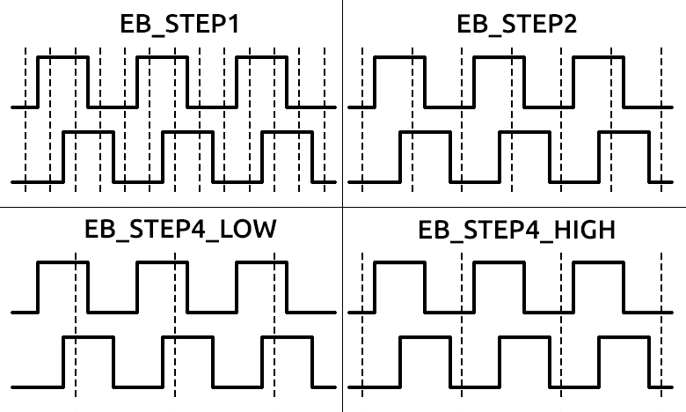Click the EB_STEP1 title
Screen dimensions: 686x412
coord(179,24)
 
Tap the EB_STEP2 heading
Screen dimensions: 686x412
coord(516,24)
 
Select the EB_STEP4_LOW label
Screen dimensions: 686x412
coord(180,230)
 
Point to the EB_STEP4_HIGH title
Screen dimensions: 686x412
coord(516,230)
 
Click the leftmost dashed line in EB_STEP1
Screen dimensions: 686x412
coord(26,120)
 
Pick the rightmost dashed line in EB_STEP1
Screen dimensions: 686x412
coord(325,120)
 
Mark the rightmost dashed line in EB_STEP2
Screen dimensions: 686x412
coord(661,120)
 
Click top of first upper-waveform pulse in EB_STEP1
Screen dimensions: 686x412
coord(63,57)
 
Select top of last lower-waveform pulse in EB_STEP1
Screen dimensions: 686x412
coord(288,132)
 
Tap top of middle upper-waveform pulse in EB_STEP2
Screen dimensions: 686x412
coord(500,57)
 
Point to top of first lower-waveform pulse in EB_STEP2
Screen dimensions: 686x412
coord(426,132)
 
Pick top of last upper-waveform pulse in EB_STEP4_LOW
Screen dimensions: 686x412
coord(261,262)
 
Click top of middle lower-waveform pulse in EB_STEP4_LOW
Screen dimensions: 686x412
coord(187,337)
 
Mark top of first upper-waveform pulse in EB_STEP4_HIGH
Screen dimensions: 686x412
coord(400,262)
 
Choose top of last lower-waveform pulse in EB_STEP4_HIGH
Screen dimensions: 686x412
coord(624,337)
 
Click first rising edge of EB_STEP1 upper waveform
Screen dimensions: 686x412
coord(38,82)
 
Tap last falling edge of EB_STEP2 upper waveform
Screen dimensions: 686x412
coord(624,82)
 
